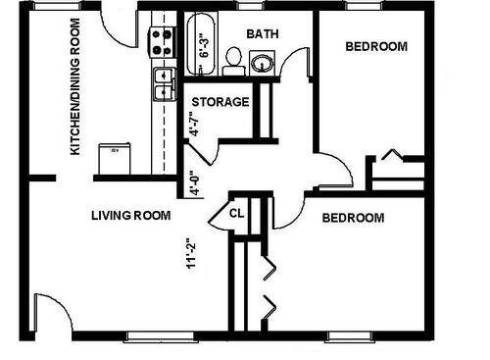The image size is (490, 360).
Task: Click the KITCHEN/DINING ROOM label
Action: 73,87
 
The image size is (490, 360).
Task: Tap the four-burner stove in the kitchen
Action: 161,41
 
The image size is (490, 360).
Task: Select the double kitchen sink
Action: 162,83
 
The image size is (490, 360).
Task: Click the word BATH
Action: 262,33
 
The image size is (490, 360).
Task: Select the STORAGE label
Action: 220,102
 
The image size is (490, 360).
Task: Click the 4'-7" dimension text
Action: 195,125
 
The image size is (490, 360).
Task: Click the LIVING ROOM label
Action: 131,216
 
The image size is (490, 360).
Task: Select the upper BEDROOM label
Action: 377,46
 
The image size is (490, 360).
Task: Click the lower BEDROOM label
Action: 353,217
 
